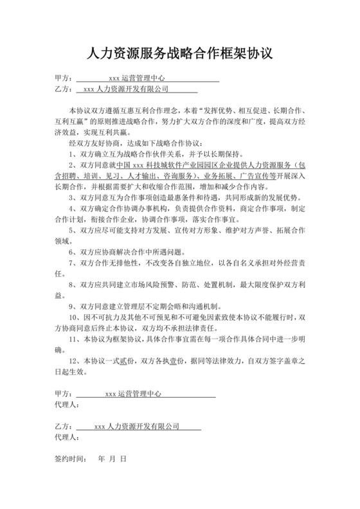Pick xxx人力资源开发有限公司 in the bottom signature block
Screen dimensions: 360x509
pyautogui.click(x=136, y=426)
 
